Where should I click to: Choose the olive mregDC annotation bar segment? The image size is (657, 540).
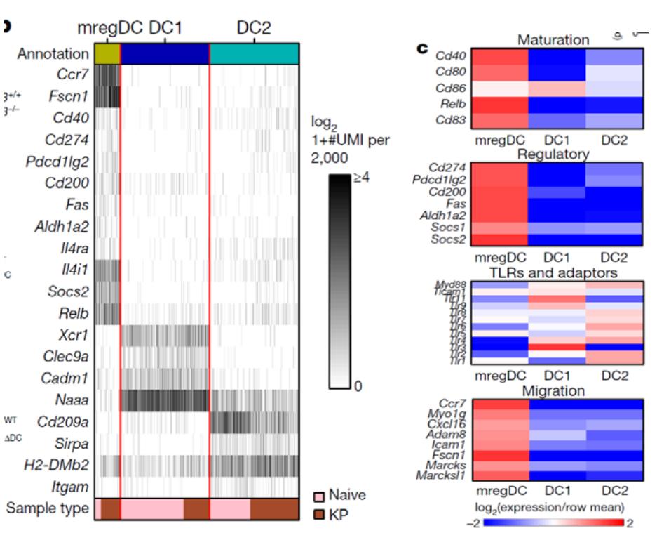[x=106, y=53]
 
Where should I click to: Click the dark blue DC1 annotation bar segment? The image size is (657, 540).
[x=165, y=53]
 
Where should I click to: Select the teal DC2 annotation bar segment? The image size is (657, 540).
[x=255, y=53]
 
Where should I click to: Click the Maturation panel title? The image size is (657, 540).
[x=553, y=40]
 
